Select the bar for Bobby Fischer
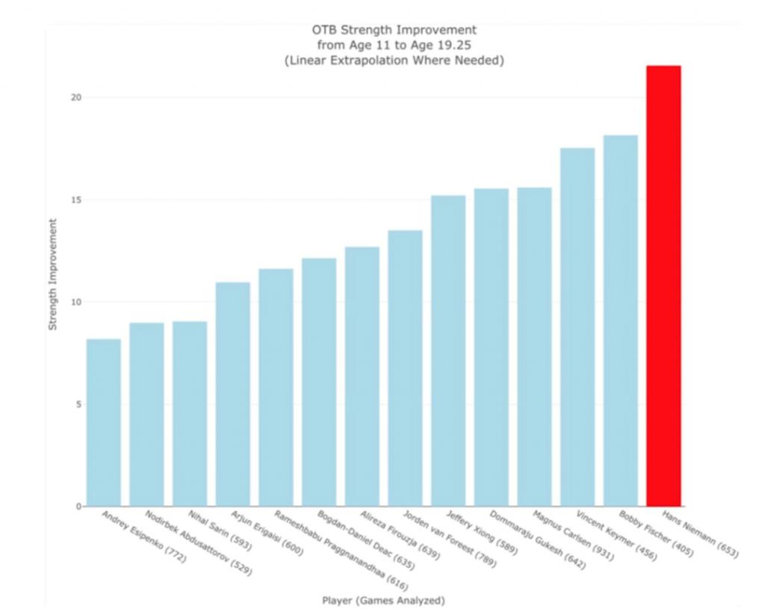click(620, 321)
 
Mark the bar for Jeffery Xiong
click(448, 350)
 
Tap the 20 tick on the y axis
click(76, 98)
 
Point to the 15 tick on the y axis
click(76, 200)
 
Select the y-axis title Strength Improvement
click(53, 274)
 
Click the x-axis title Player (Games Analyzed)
click(383, 599)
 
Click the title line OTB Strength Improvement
click(394, 30)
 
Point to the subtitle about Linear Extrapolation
click(394, 61)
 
